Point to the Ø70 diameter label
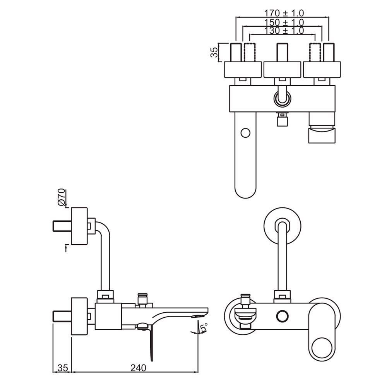(x=62, y=197)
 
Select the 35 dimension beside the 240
(x=62, y=368)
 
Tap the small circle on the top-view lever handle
(x=245, y=133)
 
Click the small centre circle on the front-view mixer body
(x=282, y=315)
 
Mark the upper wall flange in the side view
(x=80, y=226)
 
